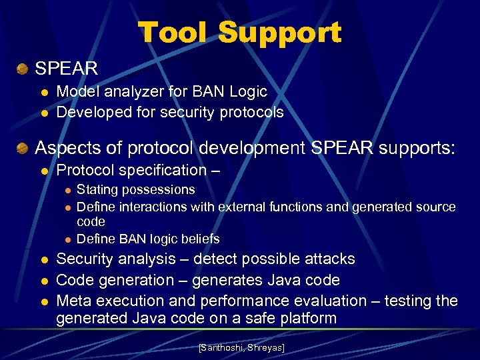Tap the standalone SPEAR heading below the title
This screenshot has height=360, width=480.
click(66, 68)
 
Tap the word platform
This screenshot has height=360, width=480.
click(304, 319)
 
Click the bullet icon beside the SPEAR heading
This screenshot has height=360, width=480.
click(23, 68)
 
